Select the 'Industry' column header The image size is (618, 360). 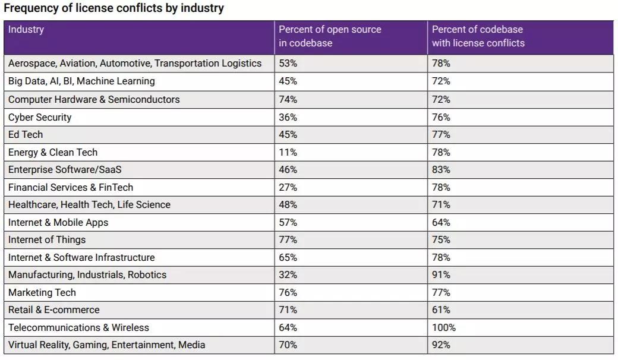pyautogui.click(x=26, y=29)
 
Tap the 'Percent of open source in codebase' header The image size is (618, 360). pyautogui.click(x=330, y=36)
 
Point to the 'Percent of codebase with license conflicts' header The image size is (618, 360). pyautogui.click(x=478, y=36)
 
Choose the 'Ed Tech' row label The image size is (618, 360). pyautogui.click(x=26, y=134)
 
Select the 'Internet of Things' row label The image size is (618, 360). pyautogui.click(x=47, y=239)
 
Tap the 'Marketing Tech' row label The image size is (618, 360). pyautogui.click(x=42, y=292)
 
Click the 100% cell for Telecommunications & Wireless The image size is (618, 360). pyautogui.click(x=444, y=327)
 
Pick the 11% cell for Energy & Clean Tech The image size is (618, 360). pyautogui.click(x=288, y=152)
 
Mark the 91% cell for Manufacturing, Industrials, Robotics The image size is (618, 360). pyautogui.click(x=441, y=274)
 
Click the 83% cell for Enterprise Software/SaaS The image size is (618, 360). pyautogui.click(x=441, y=169)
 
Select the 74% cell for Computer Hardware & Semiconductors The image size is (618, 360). pyautogui.click(x=288, y=99)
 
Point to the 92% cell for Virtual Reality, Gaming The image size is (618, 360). pyautogui.click(x=441, y=345)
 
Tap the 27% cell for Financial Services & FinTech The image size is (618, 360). pyautogui.click(x=288, y=187)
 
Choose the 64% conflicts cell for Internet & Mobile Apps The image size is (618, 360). pyautogui.click(x=441, y=222)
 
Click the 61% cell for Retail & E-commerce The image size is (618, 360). pyautogui.click(x=441, y=310)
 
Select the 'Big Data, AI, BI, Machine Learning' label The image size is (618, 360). pyautogui.click(x=81, y=81)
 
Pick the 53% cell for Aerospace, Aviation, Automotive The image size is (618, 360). pyautogui.click(x=288, y=63)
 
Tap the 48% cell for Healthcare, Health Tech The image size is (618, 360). pyautogui.click(x=288, y=204)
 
